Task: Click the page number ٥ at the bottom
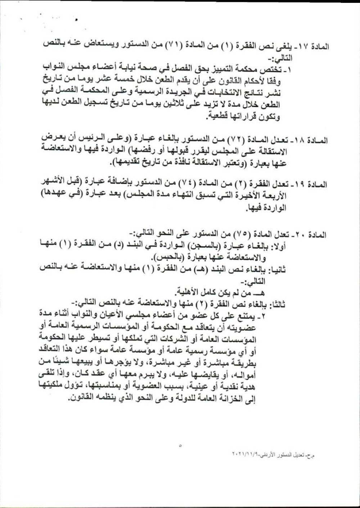point(180,446)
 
